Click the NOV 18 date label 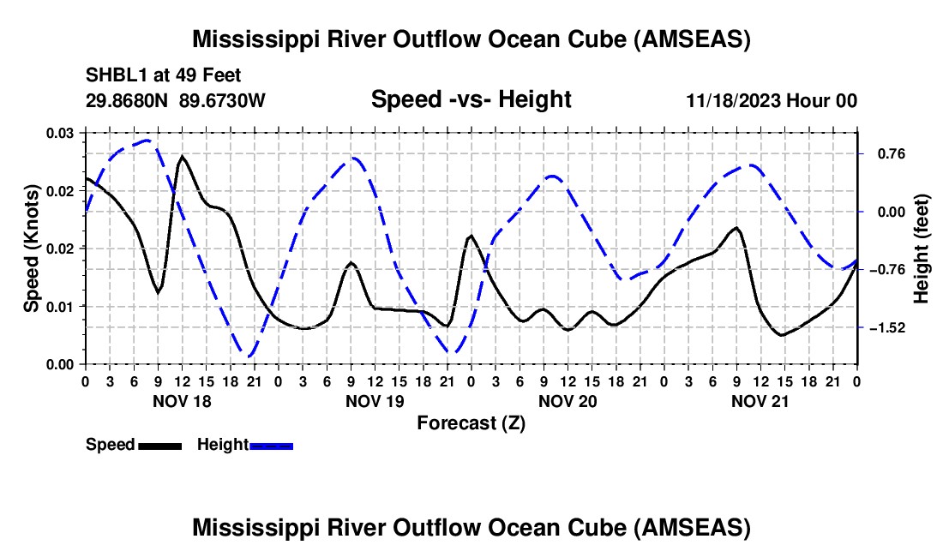click(x=181, y=400)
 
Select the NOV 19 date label click(x=375, y=400)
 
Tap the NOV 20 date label click(x=568, y=400)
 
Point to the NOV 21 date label click(x=760, y=400)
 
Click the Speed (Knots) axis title click(x=32, y=248)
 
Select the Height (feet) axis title click(x=922, y=248)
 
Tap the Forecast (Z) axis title click(x=471, y=422)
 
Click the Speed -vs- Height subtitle click(x=471, y=99)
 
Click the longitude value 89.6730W click(x=223, y=100)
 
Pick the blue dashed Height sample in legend click(x=271, y=445)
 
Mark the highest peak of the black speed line click(x=182, y=157)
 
